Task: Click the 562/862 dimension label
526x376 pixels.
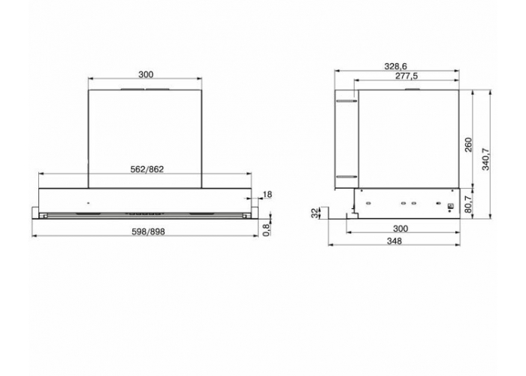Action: click(147, 169)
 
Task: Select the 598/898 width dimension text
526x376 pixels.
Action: click(148, 232)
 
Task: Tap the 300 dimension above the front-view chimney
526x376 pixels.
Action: click(146, 74)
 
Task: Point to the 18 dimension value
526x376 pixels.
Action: click(268, 194)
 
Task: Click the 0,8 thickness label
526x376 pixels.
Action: click(267, 229)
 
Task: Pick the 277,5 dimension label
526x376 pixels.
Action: click(407, 76)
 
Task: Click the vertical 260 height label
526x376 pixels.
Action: click(468, 144)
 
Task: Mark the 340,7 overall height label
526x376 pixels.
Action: click(485, 159)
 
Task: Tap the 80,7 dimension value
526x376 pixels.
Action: click(468, 204)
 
